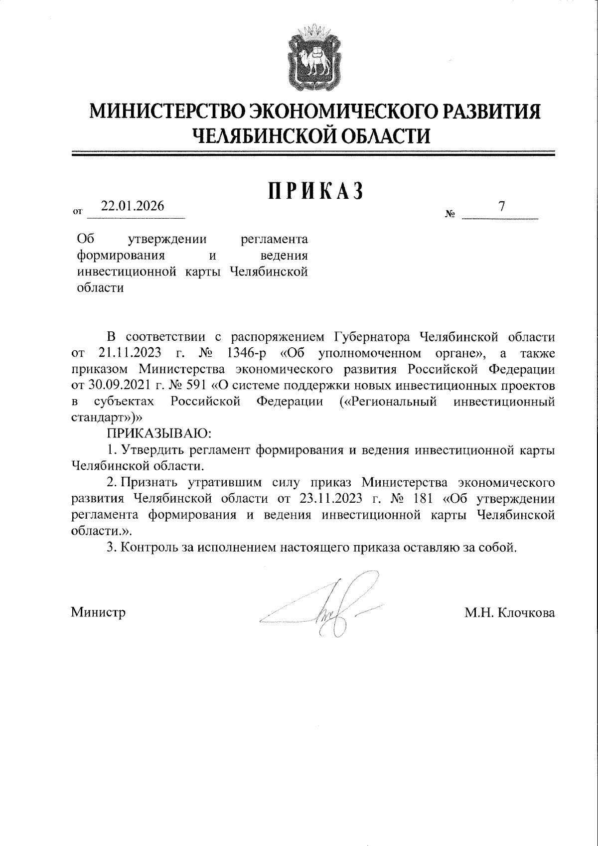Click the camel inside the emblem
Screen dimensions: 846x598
click(x=313, y=61)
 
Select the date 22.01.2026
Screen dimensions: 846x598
click(x=133, y=206)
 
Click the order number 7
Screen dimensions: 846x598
click(x=502, y=206)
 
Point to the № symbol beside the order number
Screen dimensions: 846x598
click(x=450, y=215)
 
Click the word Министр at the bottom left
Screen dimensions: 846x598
click(x=98, y=612)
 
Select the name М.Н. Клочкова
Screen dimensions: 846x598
click(x=509, y=613)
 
